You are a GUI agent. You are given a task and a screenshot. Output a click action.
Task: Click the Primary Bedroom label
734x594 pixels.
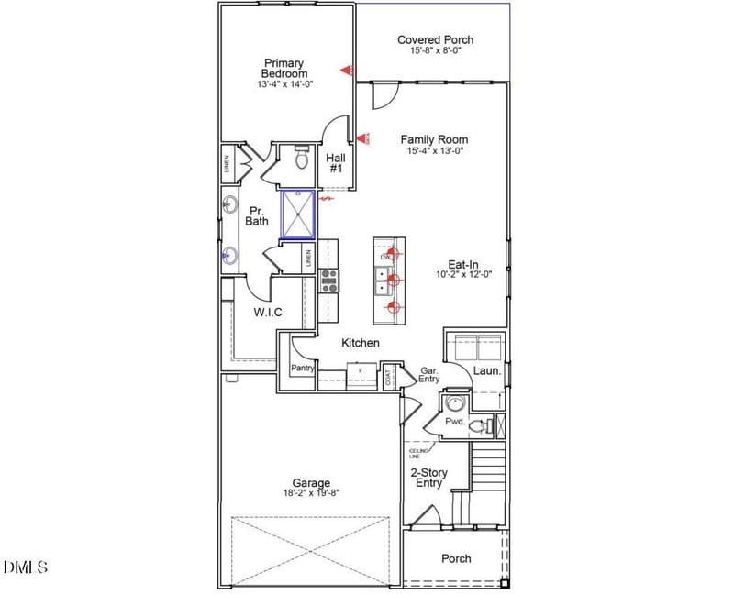coord(284,68)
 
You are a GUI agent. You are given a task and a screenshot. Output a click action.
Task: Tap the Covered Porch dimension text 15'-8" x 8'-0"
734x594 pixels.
coord(435,51)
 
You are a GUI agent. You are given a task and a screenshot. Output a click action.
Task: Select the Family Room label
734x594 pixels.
coord(434,139)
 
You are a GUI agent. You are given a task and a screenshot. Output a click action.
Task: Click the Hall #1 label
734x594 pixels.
coord(336,163)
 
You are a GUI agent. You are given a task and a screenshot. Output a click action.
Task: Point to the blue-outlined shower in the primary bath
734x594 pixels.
coord(298,214)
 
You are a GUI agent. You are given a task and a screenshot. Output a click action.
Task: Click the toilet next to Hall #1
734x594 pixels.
coord(300,159)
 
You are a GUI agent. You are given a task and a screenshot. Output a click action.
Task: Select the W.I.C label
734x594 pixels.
coord(268,313)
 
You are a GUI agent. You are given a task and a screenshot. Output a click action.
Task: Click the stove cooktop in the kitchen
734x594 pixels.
coord(329,280)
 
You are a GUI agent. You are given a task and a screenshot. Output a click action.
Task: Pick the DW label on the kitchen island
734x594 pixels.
coord(385,258)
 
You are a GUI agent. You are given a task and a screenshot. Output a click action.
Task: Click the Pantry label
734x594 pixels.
coord(303,368)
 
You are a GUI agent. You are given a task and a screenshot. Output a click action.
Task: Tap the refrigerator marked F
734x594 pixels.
coord(361,369)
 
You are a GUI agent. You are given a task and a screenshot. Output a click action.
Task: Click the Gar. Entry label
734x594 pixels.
coord(428,375)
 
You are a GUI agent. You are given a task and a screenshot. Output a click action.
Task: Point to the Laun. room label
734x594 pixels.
coord(486,371)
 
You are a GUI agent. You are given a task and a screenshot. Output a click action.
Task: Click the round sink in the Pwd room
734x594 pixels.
coord(454,404)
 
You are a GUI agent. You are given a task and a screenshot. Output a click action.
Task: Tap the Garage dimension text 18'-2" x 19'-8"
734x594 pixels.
coord(311,492)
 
